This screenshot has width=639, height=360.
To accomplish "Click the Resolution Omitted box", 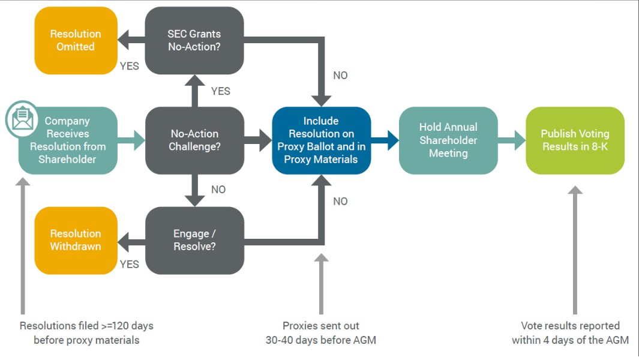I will click(76, 40).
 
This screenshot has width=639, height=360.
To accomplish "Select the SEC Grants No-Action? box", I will click(194, 40).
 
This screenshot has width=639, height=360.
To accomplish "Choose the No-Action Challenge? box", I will click(194, 140).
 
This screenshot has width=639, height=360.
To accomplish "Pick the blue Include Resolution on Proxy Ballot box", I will click(321, 140).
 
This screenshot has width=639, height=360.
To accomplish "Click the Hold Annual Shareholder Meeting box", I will click(448, 140).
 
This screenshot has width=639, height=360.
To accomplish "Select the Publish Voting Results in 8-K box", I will click(575, 140).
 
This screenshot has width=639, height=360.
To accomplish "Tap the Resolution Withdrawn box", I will click(76, 240).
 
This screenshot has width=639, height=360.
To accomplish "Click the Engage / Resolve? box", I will click(194, 240).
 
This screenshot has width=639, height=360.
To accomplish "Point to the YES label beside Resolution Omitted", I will click(130, 66).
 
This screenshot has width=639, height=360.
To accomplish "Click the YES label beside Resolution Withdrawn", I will click(130, 265).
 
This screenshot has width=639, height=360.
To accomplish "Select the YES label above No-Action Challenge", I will click(221, 91).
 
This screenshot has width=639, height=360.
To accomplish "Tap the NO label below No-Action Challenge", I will click(218, 190).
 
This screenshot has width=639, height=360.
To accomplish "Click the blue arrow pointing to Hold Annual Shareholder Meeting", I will click(385, 140).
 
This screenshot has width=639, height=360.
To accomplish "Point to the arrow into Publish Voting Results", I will click(511, 140).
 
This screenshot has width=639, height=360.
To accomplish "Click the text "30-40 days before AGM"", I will click(321, 340).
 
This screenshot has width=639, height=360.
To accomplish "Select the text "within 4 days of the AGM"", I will click(570, 340).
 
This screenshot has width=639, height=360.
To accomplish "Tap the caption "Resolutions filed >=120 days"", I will click(86, 326).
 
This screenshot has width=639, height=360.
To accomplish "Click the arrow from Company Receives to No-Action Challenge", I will click(131, 140).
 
